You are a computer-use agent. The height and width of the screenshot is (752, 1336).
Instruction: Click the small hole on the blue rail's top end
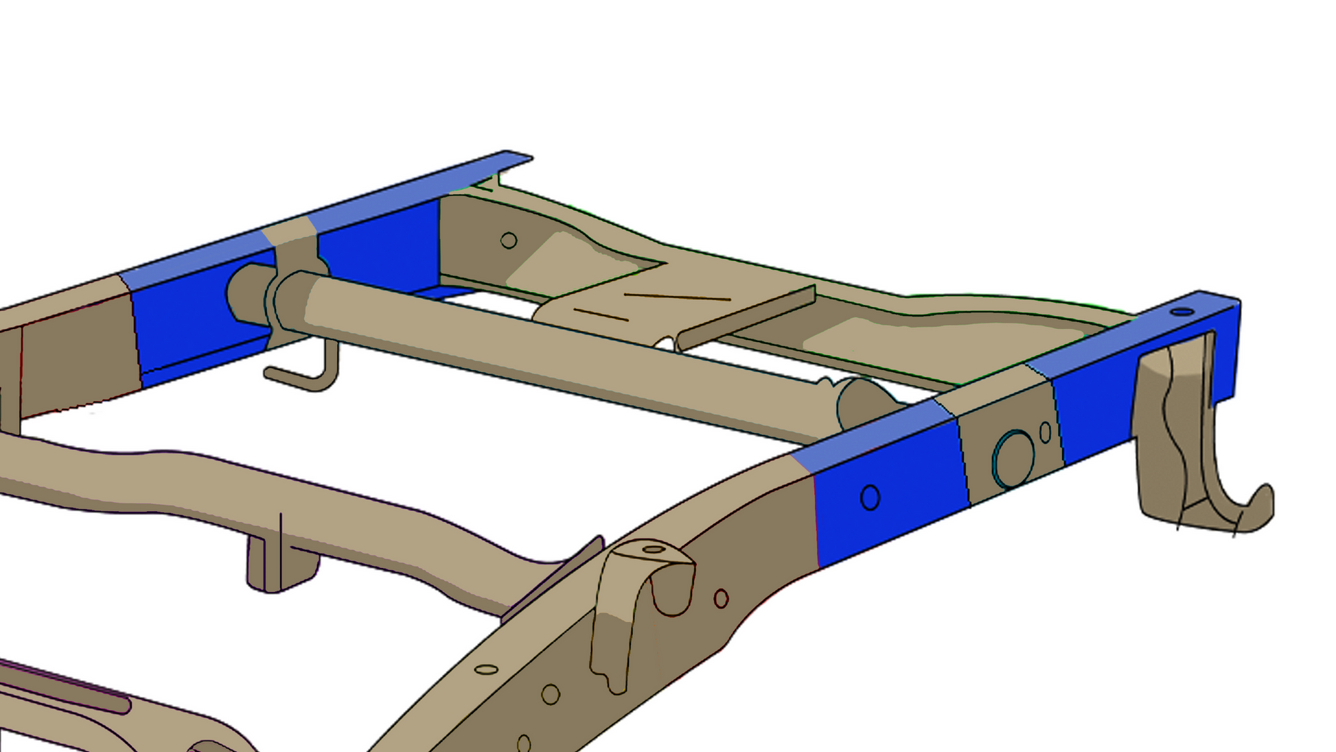pos(1182,312)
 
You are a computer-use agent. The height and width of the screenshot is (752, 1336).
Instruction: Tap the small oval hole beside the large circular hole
pos(1045,432)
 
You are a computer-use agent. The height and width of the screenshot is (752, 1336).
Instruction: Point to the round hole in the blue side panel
pos(870,497)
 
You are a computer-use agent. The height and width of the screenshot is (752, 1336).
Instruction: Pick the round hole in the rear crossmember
pos(509,240)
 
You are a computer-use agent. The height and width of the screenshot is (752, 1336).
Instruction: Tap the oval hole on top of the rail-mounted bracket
pos(653,549)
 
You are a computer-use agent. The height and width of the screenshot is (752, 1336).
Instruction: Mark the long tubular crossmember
pos(549,350)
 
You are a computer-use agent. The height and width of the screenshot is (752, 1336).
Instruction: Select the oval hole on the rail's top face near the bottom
pos(486,669)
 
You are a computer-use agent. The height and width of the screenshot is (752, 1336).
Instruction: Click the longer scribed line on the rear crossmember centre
pos(677,297)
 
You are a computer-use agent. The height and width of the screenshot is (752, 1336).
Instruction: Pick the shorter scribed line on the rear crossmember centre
pos(601,315)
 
